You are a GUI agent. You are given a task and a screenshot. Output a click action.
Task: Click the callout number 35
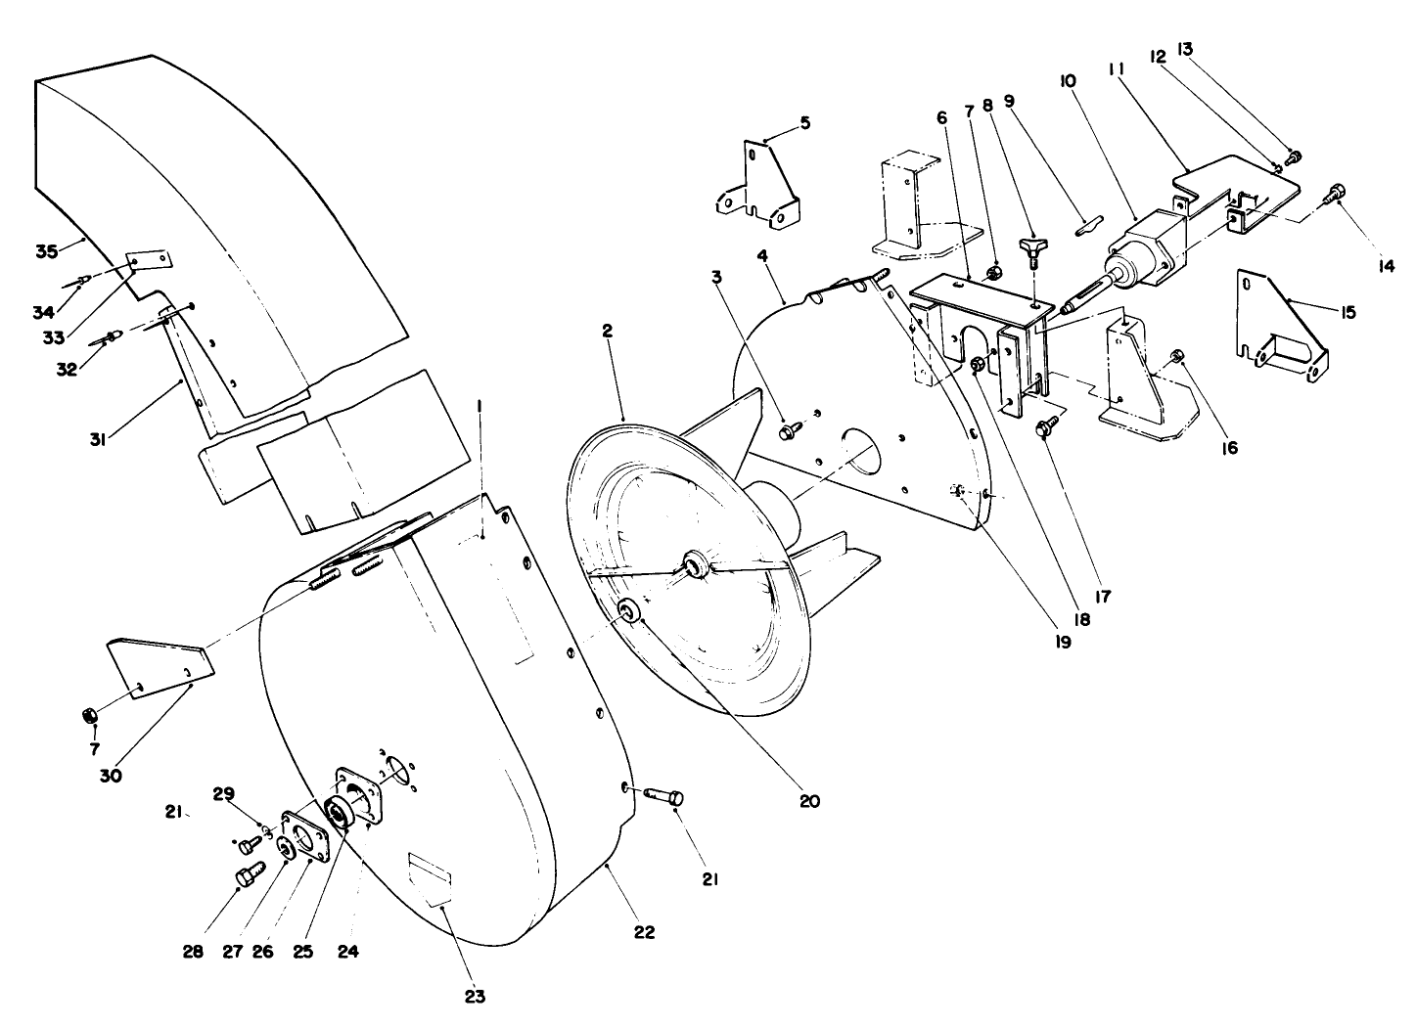coord(47,250)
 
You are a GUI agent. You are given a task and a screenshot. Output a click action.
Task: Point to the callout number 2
coord(608,333)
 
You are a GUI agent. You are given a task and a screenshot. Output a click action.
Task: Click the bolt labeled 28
coord(248,873)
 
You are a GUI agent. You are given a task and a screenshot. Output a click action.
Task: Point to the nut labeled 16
coord(1178,354)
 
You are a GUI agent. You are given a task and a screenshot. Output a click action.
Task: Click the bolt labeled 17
coord(1046,426)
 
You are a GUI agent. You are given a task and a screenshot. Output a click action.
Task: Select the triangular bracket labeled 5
coord(759,186)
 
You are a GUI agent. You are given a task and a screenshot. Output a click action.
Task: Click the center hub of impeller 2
coord(697,564)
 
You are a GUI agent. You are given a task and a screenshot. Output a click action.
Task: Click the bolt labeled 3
coord(788,429)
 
